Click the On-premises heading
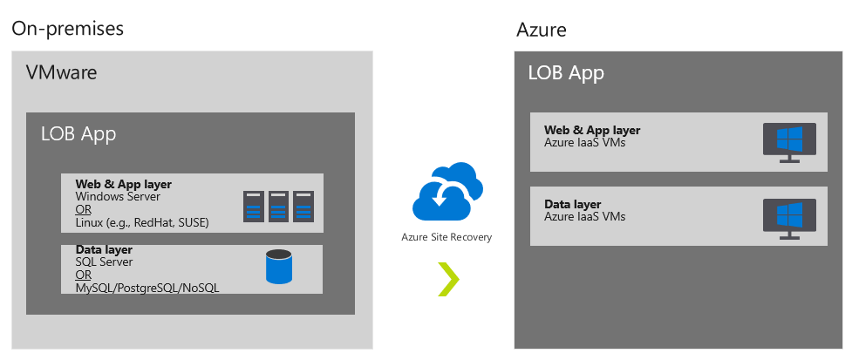point(67,28)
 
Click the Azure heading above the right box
point(542,30)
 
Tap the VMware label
point(61,72)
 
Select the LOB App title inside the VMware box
point(78,134)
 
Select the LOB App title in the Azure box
point(566,72)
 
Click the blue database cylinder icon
point(279,268)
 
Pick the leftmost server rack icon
point(254,206)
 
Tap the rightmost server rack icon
point(303,206)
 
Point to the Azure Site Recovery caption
point(447,237)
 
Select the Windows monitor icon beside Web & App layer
point(790,141)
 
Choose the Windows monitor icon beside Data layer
point(790,218)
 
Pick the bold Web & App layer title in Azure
point(592,131)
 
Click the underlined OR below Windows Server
point(84,209)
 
